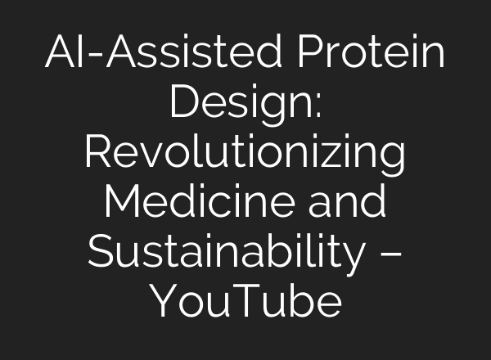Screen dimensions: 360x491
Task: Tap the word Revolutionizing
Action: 245,154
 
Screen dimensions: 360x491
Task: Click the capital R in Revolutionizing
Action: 97,154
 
